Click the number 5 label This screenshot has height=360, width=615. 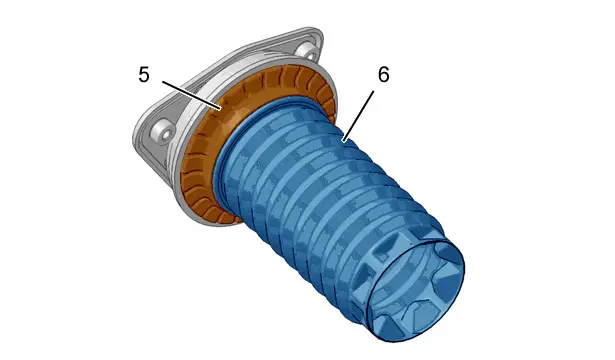(144, 74)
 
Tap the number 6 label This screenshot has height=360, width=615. (384, 74)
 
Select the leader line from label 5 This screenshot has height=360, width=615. (192, 95)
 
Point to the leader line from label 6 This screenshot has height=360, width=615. (358, 116)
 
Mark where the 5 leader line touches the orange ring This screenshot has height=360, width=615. (221, 108)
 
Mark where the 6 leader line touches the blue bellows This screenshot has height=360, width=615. (344, 140)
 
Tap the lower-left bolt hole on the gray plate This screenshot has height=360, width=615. (164, 131)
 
